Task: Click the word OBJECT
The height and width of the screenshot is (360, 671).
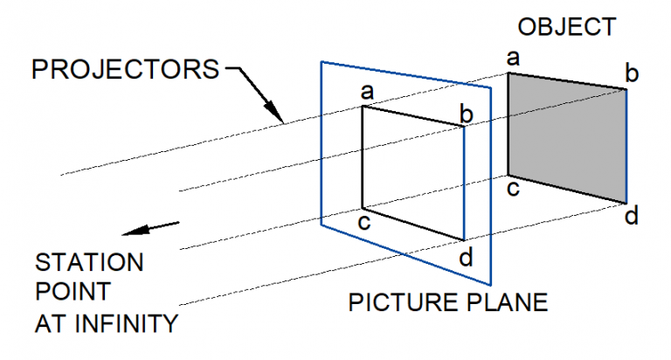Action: [568, 26]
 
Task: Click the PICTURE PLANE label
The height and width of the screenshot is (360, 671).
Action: [448, 303]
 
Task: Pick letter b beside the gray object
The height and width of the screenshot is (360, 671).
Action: [632, 73]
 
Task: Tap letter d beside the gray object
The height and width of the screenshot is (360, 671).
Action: [633, 214]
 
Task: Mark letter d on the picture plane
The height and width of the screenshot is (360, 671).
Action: [468, 257]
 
